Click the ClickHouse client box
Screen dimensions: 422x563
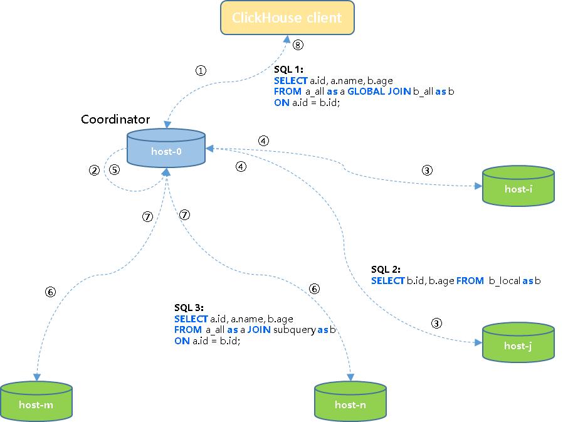point(287,18)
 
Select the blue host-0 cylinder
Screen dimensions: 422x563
point(166,150)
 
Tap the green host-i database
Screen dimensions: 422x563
point(518,187)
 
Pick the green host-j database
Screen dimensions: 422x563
point(519,345)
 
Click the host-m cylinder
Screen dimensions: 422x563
point(36,404)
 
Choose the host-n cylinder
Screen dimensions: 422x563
point(350,404)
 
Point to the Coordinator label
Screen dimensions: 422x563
point(115,119)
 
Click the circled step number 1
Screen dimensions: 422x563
point(201,71)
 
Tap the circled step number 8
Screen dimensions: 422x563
point(298,45)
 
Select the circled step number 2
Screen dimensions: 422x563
point(94,170)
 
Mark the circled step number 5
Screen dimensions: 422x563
point(114,170)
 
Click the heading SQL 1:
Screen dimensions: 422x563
point(288,70)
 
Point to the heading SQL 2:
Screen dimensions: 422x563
point(386,270)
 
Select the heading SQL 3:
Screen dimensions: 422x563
point(189,308)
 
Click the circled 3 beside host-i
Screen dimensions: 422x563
point(427,170)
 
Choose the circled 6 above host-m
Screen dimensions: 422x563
point(51,292)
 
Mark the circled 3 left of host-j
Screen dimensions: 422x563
point(436,324)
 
